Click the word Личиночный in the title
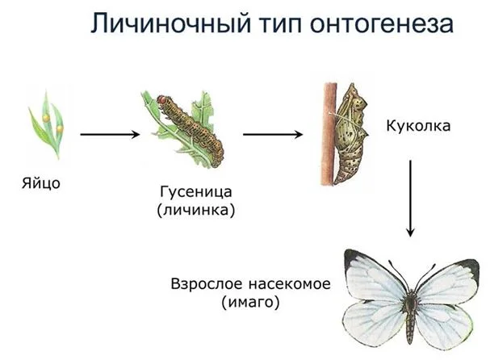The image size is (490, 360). (170, 23)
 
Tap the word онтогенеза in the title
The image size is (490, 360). (382, 23)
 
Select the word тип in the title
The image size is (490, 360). (280, 23)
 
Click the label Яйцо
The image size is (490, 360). (41, 183)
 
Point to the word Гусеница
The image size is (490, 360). (196, 192)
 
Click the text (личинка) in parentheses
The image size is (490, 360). (196, 210)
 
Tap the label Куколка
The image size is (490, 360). (418, 126)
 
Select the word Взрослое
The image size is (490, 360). (207, 284)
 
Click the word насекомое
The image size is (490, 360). (290, 284)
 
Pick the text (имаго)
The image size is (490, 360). (250, 302)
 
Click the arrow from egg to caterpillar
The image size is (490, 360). (110, 134)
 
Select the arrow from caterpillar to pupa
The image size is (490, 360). (273, 134)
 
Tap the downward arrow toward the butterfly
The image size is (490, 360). (410, 199)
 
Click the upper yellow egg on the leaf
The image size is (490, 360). (46, 118)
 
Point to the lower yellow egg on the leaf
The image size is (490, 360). (60, 128)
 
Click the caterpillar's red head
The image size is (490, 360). (162, 100)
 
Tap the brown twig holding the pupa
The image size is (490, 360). (329, 134)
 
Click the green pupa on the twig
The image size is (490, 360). (350, 134)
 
